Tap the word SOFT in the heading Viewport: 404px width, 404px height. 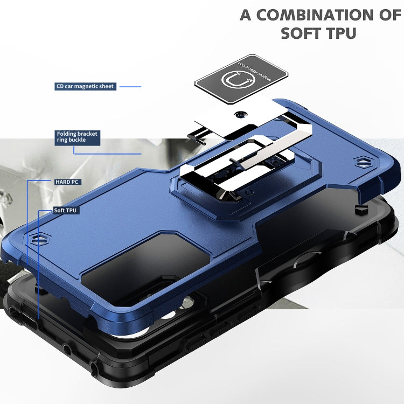tap(303, 33)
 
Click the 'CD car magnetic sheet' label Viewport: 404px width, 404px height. tap(86, 86)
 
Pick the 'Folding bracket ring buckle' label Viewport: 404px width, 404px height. tap(78, 137)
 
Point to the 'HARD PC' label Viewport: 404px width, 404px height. tap(67, 182)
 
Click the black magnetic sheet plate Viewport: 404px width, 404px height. tap(233, 80)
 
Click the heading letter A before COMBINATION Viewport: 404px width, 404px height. tap(246, 15)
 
